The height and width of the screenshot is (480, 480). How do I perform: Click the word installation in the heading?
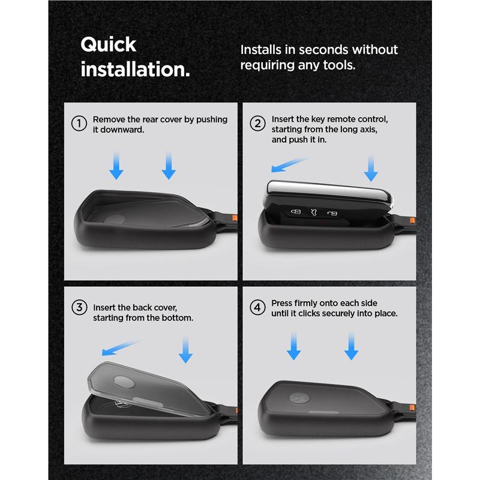(x=133, y=69)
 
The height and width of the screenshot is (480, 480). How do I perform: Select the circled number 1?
(x=79, y=124)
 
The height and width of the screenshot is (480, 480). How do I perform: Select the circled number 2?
(x=258, y=124)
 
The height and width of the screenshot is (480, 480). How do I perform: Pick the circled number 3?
(x=79, y=307)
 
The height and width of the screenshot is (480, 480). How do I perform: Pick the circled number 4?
(x=258, y=307)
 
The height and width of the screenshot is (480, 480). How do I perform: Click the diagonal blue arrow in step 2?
(x=289, y=165)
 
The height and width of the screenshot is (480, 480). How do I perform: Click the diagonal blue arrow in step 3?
(x=121, y=349)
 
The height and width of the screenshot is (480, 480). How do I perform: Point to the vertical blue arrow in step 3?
(x=185, y=350)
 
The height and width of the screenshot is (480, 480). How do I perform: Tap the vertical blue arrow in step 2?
(x=371, y=169)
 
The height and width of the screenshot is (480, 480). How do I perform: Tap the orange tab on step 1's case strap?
(x=235, y=218)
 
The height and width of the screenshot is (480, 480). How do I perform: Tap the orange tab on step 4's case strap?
(x=412, y=407)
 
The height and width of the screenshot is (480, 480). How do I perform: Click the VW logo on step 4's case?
(x=298, y=398)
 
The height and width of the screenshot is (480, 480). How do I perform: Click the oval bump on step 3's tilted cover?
(x=124, y=382)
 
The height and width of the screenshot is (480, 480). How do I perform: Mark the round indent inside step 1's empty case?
(x=115, y=219)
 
